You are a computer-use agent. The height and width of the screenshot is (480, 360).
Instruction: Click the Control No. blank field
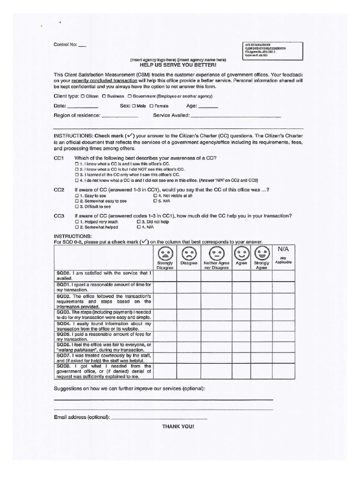(82, 46)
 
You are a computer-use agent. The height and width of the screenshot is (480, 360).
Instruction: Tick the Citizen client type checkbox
(83, 96)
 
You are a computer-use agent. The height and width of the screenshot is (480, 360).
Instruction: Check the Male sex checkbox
(134, 106)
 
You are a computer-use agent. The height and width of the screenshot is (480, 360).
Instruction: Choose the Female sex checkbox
(152, 106)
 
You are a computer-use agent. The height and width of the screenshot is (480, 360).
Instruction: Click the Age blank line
(209, 107)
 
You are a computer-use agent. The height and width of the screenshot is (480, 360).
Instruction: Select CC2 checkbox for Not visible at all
(155, 195)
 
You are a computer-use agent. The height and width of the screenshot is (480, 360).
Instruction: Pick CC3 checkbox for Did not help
(139, 221)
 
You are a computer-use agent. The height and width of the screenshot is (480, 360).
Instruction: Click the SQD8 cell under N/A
(284, 371)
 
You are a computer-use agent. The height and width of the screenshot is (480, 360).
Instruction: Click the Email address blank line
(159, 417)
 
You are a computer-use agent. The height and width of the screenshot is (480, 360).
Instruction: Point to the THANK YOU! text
(178, 426)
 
